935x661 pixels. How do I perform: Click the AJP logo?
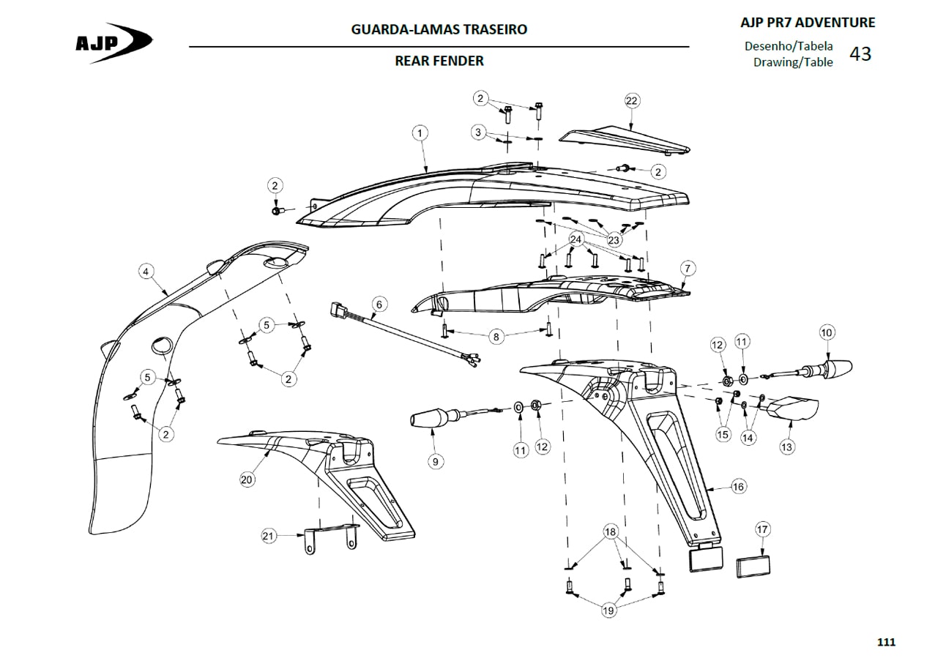(113, 42)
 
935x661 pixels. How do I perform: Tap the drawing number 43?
(860, 54)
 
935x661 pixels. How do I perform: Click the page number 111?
(886, 642)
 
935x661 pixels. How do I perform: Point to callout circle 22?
(632, 100)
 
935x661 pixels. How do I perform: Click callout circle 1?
(420, 133)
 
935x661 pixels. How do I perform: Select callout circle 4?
(146, 272)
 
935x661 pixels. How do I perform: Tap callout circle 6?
(379, 305)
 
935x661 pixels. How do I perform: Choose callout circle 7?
(688, 268)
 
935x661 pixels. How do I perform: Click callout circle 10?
(827, 332)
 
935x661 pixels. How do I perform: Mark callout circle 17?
(762, 529)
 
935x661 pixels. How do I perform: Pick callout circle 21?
(269, 536)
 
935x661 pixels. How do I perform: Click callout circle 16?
(738, 487)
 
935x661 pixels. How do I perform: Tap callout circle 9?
(436, 462)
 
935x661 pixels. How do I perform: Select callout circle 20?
(247, 479)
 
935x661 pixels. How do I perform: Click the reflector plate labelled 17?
(753, 567)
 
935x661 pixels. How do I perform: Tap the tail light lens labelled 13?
(792, 408)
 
